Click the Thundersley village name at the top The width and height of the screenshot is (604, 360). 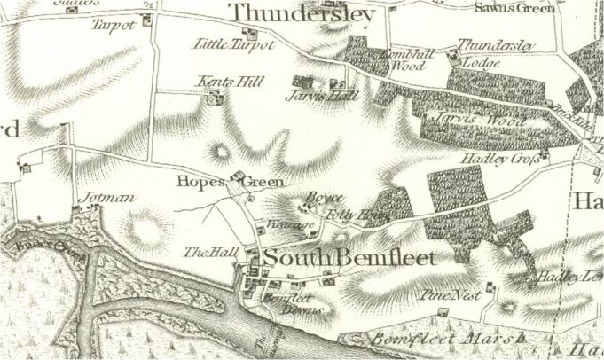point(302,15)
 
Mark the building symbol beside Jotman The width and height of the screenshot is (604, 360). point(78,211)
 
